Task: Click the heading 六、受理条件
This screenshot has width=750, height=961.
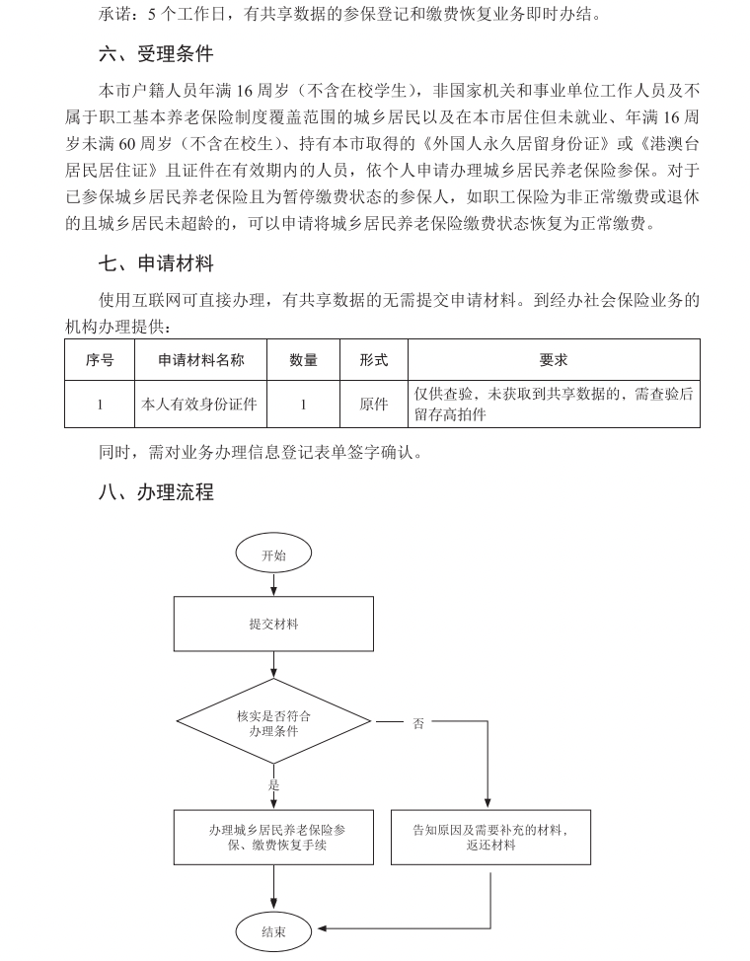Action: click(155, 53)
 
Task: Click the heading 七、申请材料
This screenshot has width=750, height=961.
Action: click(155, 263)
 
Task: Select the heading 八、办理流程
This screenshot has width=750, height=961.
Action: click(155, 491)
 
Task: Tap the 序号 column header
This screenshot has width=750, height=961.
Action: click(100, 360)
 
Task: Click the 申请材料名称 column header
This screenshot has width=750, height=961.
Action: click(201, 360)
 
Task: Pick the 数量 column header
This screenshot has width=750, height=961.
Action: click(303, 360)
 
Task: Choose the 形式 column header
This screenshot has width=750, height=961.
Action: click(374, 360)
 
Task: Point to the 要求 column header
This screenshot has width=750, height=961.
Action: click(554, 360)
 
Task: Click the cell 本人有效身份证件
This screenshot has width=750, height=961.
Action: click(201, 404)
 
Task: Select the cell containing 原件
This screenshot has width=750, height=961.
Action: click(374, 404)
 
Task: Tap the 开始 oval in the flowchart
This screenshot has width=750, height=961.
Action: click(273, 555)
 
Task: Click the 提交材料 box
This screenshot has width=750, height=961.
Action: click(273, 625)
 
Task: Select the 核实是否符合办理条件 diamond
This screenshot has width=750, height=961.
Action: click(273, 723)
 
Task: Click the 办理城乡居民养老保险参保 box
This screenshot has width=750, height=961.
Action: click(273, 838)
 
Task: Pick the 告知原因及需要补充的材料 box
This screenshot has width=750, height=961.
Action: click(490, 838)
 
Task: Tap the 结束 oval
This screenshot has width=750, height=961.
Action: click(273, 930)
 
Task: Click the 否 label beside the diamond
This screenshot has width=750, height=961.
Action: click(418, 723)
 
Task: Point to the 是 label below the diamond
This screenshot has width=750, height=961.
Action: click(274, 785)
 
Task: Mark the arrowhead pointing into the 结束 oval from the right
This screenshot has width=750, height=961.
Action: click(322, 928)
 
